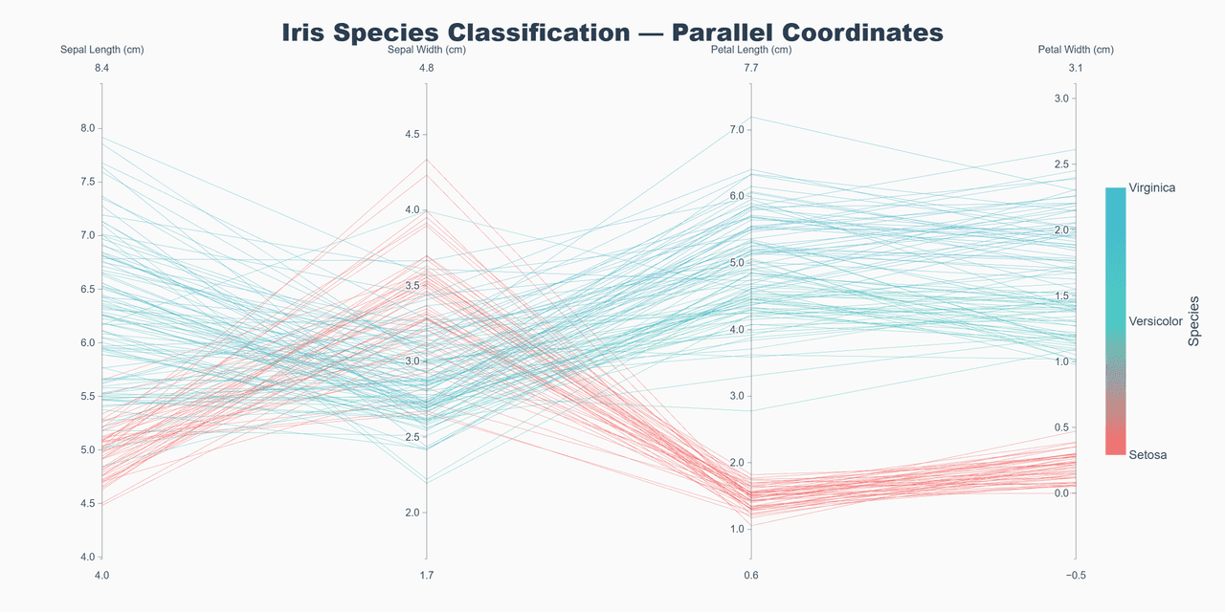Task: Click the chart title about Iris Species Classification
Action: pyautogui.click(x=612, y=32)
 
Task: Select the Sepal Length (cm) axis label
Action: pyautogui.click(x=102, y=50)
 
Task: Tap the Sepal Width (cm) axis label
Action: pyautogui.click(x=427, y=50)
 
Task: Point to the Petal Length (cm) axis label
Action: pyautogui.click(x=751, y=50)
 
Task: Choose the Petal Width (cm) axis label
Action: pyautogui.click(x=1076, y=50)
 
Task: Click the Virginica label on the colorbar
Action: pyautogui.click(x=1152, y=188)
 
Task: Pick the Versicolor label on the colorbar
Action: pyautogui.click(x=1156, y=321)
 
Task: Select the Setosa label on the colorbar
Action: pyautogui.click(x=1147, y=455)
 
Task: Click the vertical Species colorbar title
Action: pyautogui.click(x=1193, y=321)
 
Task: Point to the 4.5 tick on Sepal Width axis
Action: pyautogui.click(x=413, y=135)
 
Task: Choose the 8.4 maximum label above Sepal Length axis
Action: pyautogui.click(x=102, y=68)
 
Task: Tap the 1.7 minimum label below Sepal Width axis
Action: pyautogui.click(x=427, y=575)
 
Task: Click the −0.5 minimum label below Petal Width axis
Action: pyautogui.click(x=1076, y=575)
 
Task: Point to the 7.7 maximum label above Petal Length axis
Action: pyautogui.click(x=751, y=68)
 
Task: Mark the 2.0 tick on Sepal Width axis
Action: pyautogui.click(x=413, y=513)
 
